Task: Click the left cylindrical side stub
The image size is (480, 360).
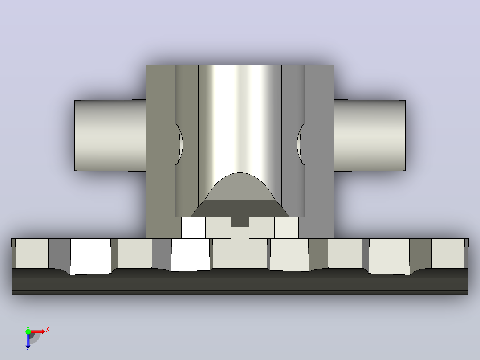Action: [x=110, y=135]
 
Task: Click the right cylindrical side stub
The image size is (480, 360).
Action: [x=370, y=135]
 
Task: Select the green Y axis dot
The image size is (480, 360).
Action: [x=28, y=331]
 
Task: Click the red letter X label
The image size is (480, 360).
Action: [x=48, y=330]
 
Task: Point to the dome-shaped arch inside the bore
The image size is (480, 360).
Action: [x=240, y=186]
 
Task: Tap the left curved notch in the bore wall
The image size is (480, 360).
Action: [x=180, y=144]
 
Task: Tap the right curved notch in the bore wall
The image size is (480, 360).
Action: [x=301, y=144]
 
